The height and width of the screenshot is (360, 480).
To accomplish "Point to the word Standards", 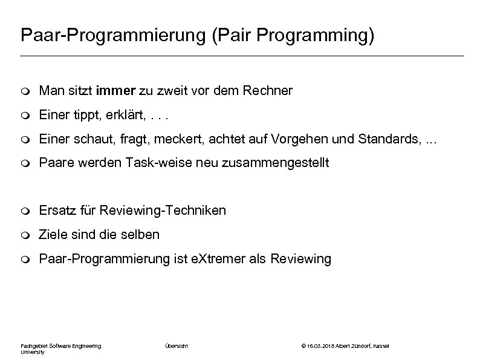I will (x=385, y=139).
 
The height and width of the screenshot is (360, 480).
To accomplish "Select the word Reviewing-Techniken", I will (x=163, y=211).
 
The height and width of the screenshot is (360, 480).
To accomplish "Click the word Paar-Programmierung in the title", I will (x=113, y=35).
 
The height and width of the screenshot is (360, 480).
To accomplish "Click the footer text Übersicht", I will (x=177, y=345).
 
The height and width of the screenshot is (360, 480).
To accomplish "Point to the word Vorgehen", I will (x=307, y=139).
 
